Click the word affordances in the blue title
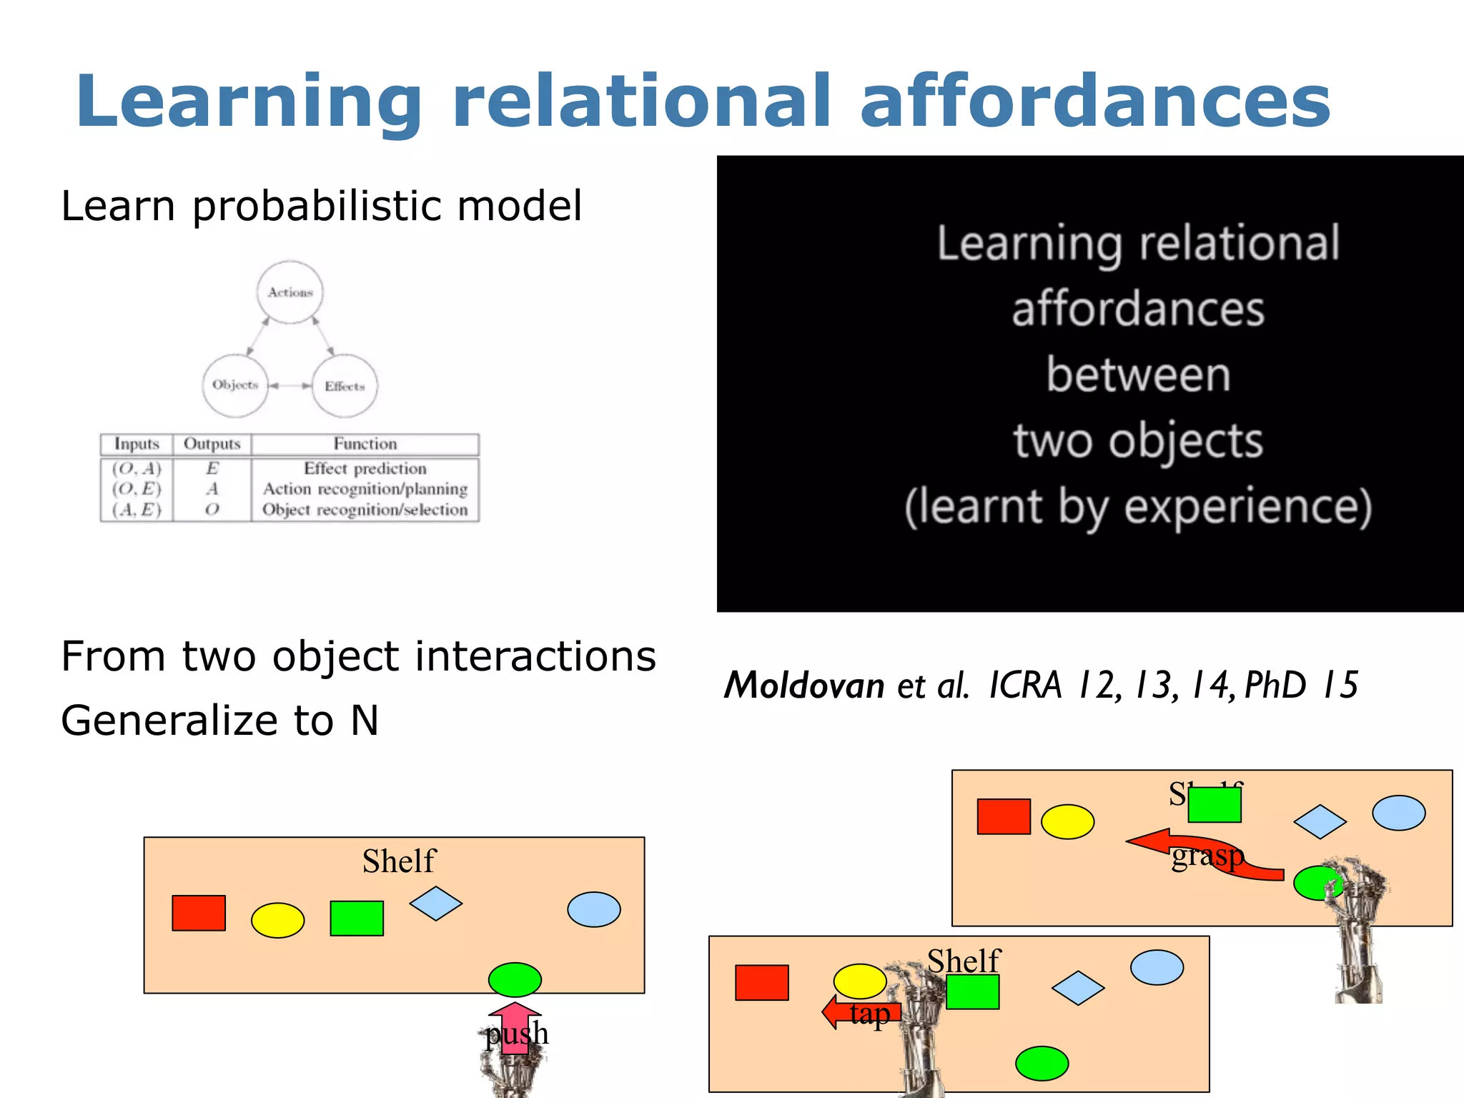pos(1095,102)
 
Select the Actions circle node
pos(290,292)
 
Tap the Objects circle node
pos(235,385)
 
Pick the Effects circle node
pos(345,386)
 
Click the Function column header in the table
pos(365,444)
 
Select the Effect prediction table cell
pos(365,468)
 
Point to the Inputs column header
pos(137,444)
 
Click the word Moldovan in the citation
pos(805,685)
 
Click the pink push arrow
pos(515,1027)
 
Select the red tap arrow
pos(858,1012)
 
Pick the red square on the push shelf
pos(199,913)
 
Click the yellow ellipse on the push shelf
pos(278,920)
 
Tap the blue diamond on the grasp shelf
pos(1320,821)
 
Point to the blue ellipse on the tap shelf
pos(1157,967)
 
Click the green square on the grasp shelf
pos(1215,805)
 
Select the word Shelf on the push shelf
pos(398,861)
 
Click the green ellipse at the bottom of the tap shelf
pos(1042,1063)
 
